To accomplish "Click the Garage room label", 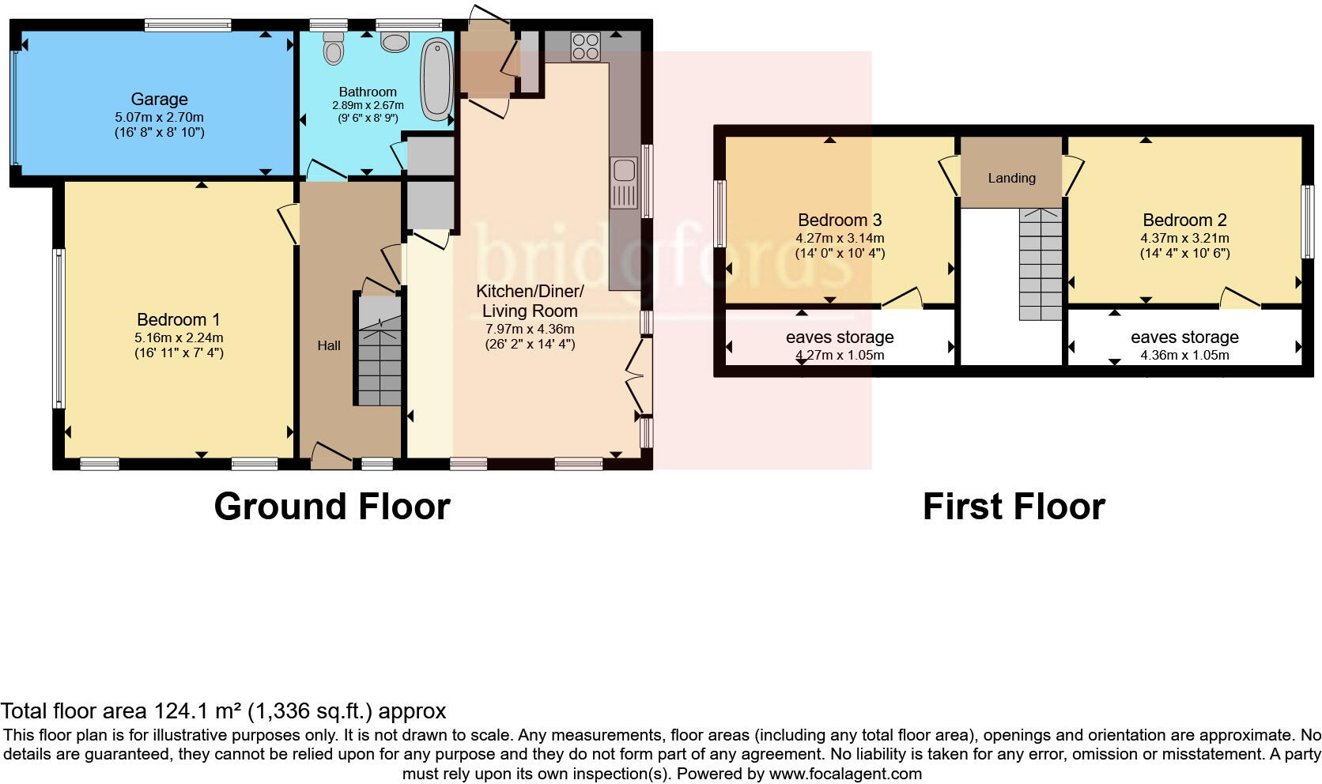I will pyautogui.click(x=159, y=100).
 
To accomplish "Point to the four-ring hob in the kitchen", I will pyautogui.click(x=585, y=45).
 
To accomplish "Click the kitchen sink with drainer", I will pyautogui.click(x=624, y=183).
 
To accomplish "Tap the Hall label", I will pyautogui.click(x=329, y=345).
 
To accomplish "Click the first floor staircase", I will pyautogui.click(x=1040, y=265).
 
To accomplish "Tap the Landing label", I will pyautogui.click(x=1011, y=178).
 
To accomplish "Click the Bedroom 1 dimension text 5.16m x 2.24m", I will pyautogui.click(x=179, y=337).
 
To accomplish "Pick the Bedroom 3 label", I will pyautogui.click(x=839, y=220).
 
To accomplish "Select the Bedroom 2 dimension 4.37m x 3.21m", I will pyautogui.click(x=1184, y=238).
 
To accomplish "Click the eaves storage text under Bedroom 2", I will pyautogui.click(x=1184, y=337).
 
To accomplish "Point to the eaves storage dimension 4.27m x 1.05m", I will pyautogui.click(x=840, y=355).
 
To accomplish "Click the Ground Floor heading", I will pyautogui.click(x=332, y=507).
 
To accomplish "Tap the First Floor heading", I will pyautogui.click(x=1013, y=507).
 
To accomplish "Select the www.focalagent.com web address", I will pyautogui.click(x=845, y=774).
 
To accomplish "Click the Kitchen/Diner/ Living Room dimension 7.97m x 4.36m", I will pyautogui.click(x=530, y=329).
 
